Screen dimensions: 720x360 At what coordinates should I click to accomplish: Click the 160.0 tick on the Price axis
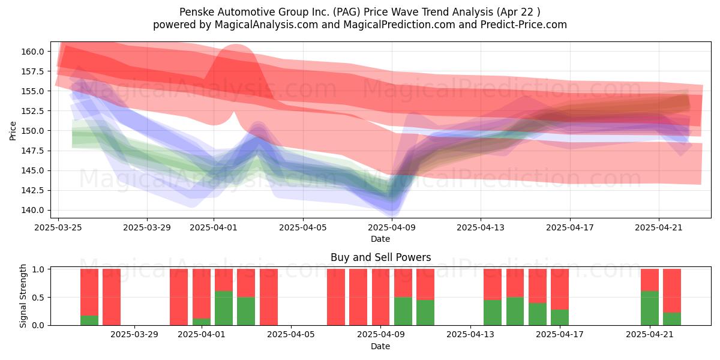point(32,52)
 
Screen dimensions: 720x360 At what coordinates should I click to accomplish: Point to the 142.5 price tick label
point(32,190)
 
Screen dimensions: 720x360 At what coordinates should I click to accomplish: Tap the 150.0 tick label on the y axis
point(32,131)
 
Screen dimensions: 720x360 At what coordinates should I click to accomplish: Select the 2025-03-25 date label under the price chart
point(58,227)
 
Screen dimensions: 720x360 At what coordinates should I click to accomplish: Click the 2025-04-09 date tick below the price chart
point(392,227)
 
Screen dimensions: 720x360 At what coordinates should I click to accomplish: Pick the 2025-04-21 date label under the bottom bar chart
point(650,334)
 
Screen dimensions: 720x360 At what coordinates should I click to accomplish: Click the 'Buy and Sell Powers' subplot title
point(380,257)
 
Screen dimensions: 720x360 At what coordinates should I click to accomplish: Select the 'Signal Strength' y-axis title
point(23,296)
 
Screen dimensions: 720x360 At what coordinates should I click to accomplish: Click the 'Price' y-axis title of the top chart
point(13,131)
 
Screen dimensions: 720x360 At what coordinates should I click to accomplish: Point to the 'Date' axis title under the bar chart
point(380,346)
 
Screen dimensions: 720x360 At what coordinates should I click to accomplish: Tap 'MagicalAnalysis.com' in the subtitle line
point(266,25)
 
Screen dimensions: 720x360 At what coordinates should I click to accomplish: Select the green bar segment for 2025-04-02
point(224,308)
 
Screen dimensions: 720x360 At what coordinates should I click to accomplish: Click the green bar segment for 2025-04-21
point(650,308)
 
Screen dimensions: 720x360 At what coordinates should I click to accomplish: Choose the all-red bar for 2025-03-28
point(112,297)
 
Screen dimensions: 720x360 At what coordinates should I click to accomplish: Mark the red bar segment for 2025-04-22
point(672,290)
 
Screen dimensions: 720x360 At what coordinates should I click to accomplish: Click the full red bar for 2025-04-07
point(336,297)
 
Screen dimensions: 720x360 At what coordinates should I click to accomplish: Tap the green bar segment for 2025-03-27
point(89,320)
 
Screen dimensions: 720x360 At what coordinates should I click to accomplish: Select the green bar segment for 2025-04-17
point(560,317)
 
